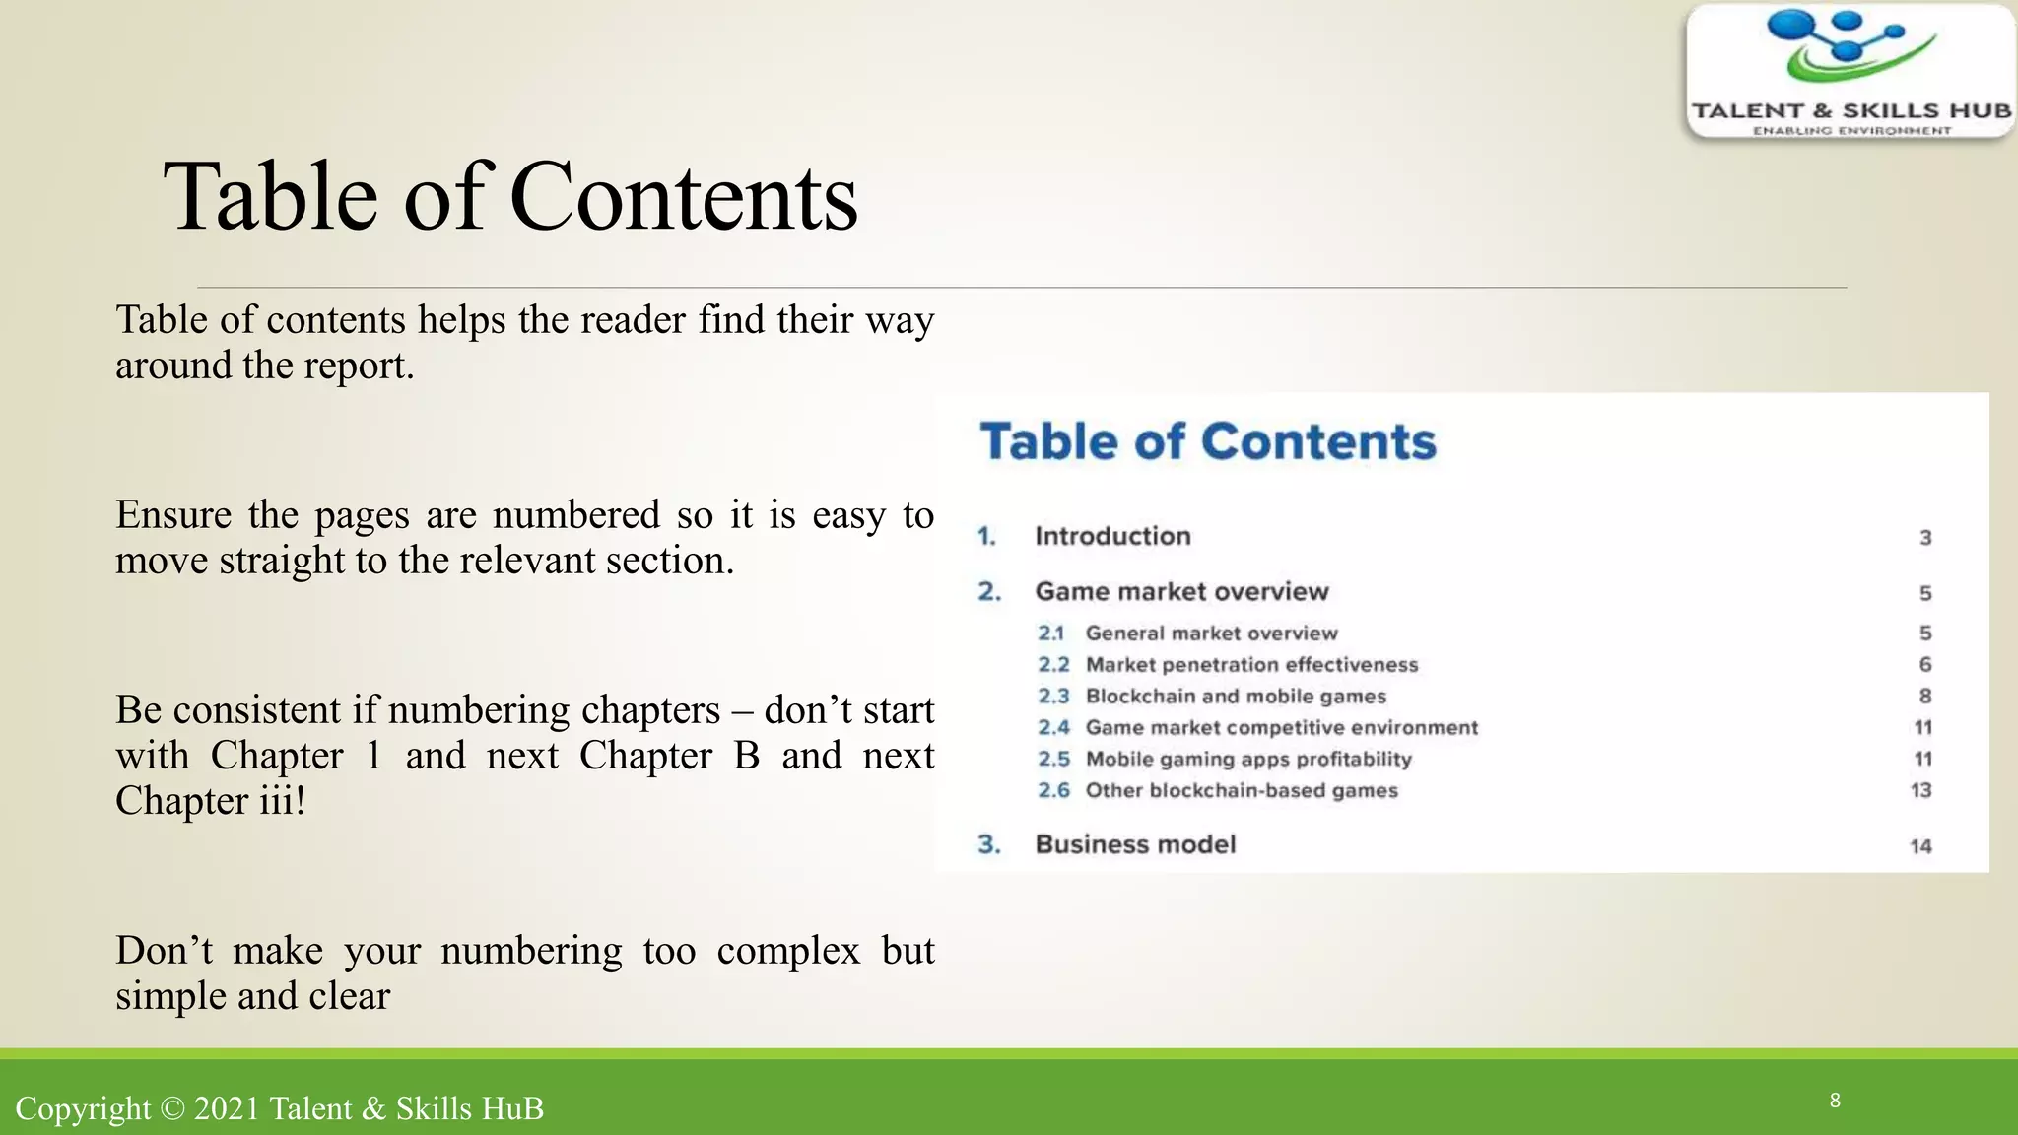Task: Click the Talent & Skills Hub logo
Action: tap(1850, 71)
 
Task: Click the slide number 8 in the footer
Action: tap(1835, 1101)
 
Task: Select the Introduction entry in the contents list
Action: tap(1112, 536)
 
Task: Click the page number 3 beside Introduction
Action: tap(1925, 538)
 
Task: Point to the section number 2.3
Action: tap(1053, 696)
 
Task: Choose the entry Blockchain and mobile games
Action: tap(1236, 696)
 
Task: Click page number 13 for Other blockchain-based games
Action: tap(1921, 790)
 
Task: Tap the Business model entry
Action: tap(1135, 844)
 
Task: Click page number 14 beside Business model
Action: tap(1921, 846)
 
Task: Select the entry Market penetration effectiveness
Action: tap(1251, 664)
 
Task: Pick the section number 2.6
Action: tap(1053, 790)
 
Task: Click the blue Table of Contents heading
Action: tap(1208, 441)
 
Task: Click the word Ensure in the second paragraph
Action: tap(173, 515)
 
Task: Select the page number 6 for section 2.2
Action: tap(1925, 664)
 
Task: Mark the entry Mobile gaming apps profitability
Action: tap(1248, 759)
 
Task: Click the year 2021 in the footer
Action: tap(227, 1109)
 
